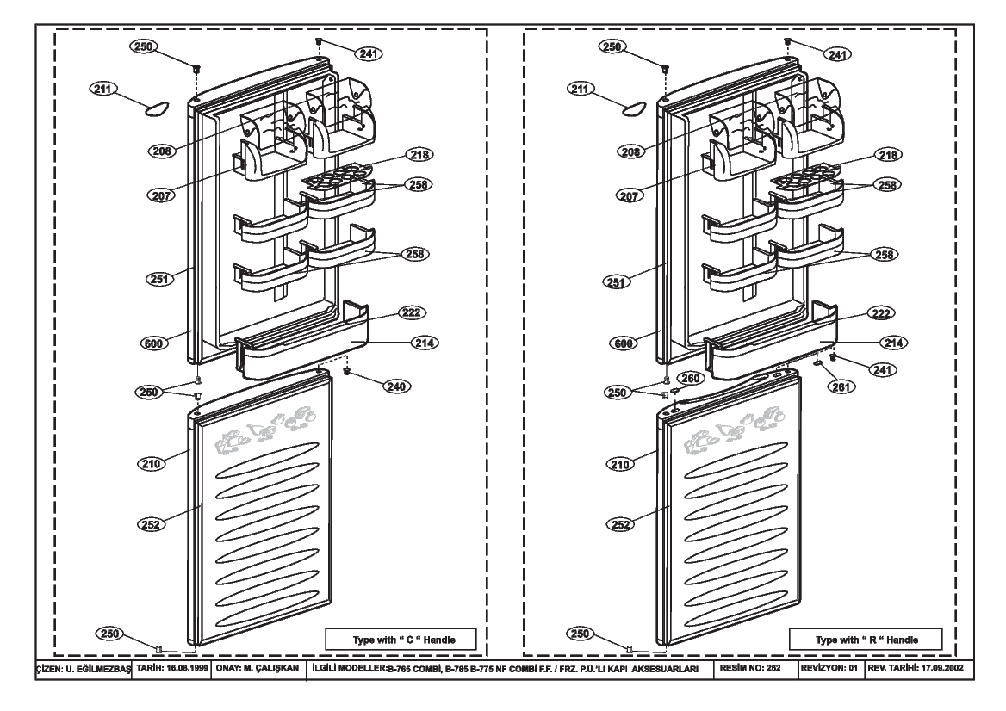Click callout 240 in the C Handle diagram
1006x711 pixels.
[396, 386]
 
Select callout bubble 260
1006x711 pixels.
[691, 378]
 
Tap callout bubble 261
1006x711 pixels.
[841, 386]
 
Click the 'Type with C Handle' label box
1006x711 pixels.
[401, 640]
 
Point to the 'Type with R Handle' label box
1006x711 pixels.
[866, 640]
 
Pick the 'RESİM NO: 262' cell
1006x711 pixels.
[751, 667]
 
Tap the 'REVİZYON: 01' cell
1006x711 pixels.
[829, 667]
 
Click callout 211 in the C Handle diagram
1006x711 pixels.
[103, 89]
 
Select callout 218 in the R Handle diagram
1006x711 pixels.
[889, 155]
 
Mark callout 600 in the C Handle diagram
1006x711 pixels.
[153, 343]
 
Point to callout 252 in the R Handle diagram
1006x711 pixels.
[620, 524]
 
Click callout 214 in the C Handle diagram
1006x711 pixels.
[425, 343]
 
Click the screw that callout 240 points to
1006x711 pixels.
[347, 371]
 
